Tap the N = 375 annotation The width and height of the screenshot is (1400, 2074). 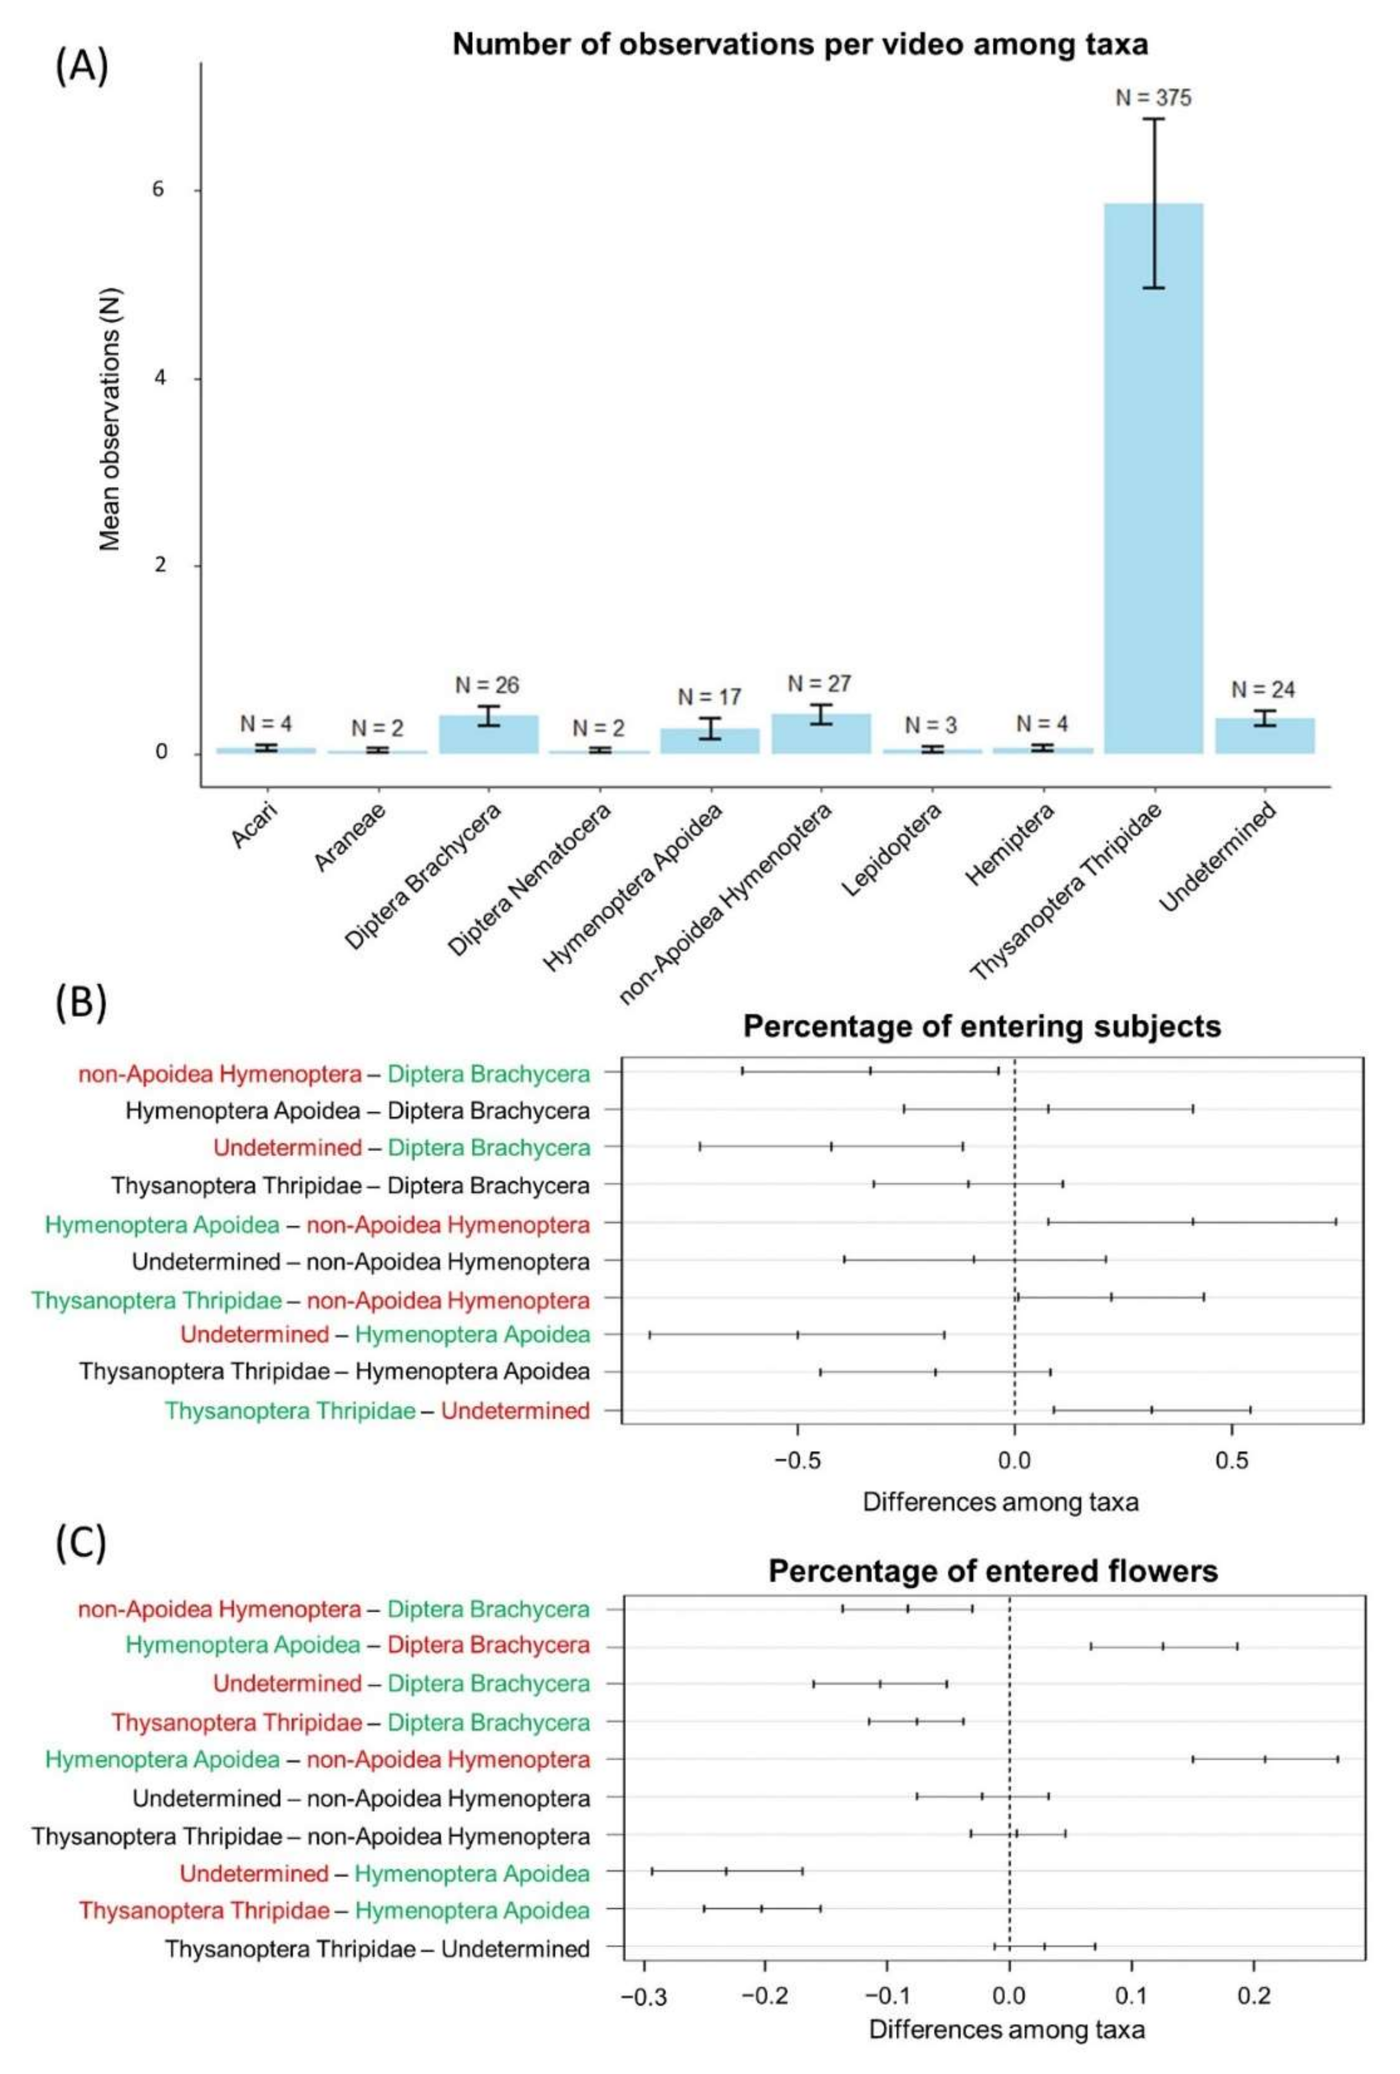(1154, 97)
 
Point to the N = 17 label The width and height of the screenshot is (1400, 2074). (710, 696)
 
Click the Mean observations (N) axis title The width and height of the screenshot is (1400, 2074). (110, 419)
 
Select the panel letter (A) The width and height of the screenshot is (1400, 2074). (81, 67)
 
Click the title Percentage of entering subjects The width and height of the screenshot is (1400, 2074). (981, 1026)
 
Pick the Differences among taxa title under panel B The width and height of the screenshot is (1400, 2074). (1000, 1502)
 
